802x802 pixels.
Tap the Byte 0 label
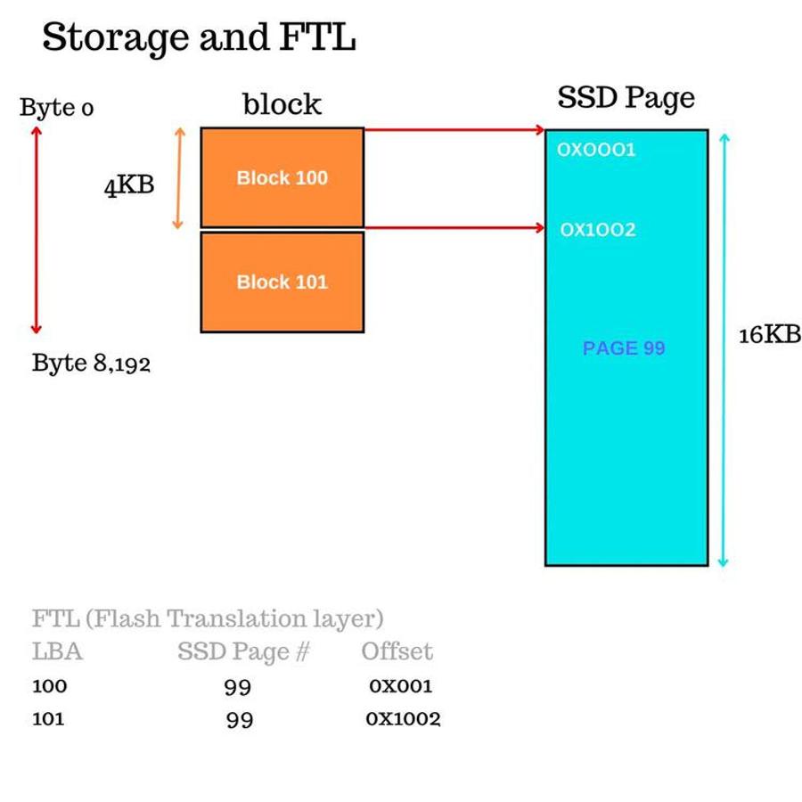tap(57, 108)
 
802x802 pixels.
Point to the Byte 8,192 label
tap(91, 364)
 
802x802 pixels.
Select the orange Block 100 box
tap(282, 177)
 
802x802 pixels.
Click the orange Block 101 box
tap(282, 282)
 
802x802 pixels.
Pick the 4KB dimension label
tap(129, 185)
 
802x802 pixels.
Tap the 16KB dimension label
tap(770, 335)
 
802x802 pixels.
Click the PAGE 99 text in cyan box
tap(624, 348)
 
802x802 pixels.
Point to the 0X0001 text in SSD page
tap(596, 150)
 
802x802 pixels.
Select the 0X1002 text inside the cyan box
tap(598, 229)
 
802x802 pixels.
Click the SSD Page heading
tap(626, 98)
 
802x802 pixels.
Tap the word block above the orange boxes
tap(282, 104)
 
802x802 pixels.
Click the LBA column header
tap(57, 651)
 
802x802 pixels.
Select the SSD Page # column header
tap(243, 652)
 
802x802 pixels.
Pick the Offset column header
tap(397, 651)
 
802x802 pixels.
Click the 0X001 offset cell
tap(401, 686)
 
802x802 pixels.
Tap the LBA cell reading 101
tap(48, 718)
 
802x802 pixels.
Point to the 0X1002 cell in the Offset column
tap(403, 718)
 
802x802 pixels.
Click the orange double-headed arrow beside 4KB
tap(178, 178)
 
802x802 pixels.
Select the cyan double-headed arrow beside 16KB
tap(724, 350)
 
